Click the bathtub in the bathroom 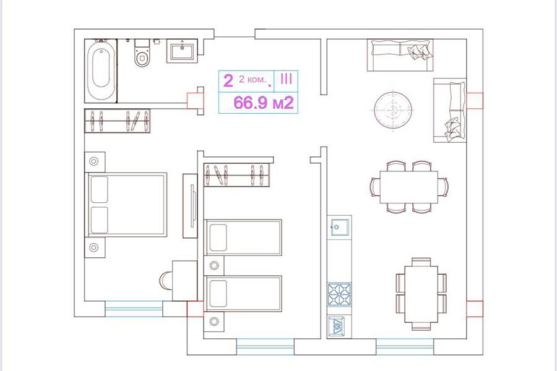101,70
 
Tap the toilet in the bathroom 142,53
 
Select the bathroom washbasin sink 182,51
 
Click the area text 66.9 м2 264,103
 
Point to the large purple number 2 228,80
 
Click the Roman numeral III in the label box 286,79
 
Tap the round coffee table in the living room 393,110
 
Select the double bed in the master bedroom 126,205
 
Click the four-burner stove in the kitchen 339,294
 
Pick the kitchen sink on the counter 340,227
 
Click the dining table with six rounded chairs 409,187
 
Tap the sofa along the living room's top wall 400,55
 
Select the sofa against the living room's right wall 450,111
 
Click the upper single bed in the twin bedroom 244,237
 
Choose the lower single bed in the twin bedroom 244,294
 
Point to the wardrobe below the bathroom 117,121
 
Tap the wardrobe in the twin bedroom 237,174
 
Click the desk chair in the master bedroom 166,281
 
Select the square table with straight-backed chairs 421,294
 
